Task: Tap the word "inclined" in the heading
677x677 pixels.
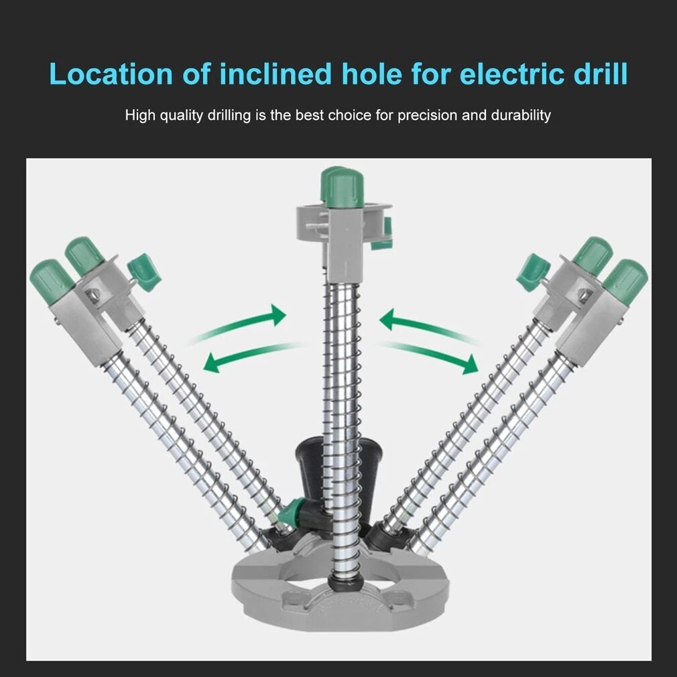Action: (x=276, y=74)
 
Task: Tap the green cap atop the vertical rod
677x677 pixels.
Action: (x=343, y=187)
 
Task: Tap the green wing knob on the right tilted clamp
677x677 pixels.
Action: (x=533, y=271)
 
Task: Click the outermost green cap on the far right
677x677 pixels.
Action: (x=625, y=278)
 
